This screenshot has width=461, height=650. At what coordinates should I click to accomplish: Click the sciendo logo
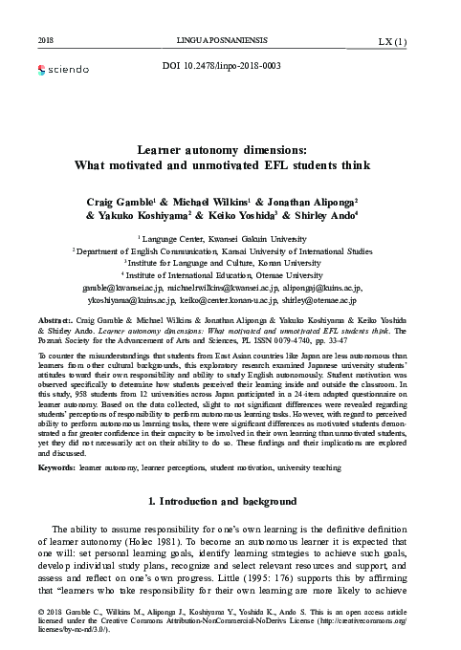[62, 70]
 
